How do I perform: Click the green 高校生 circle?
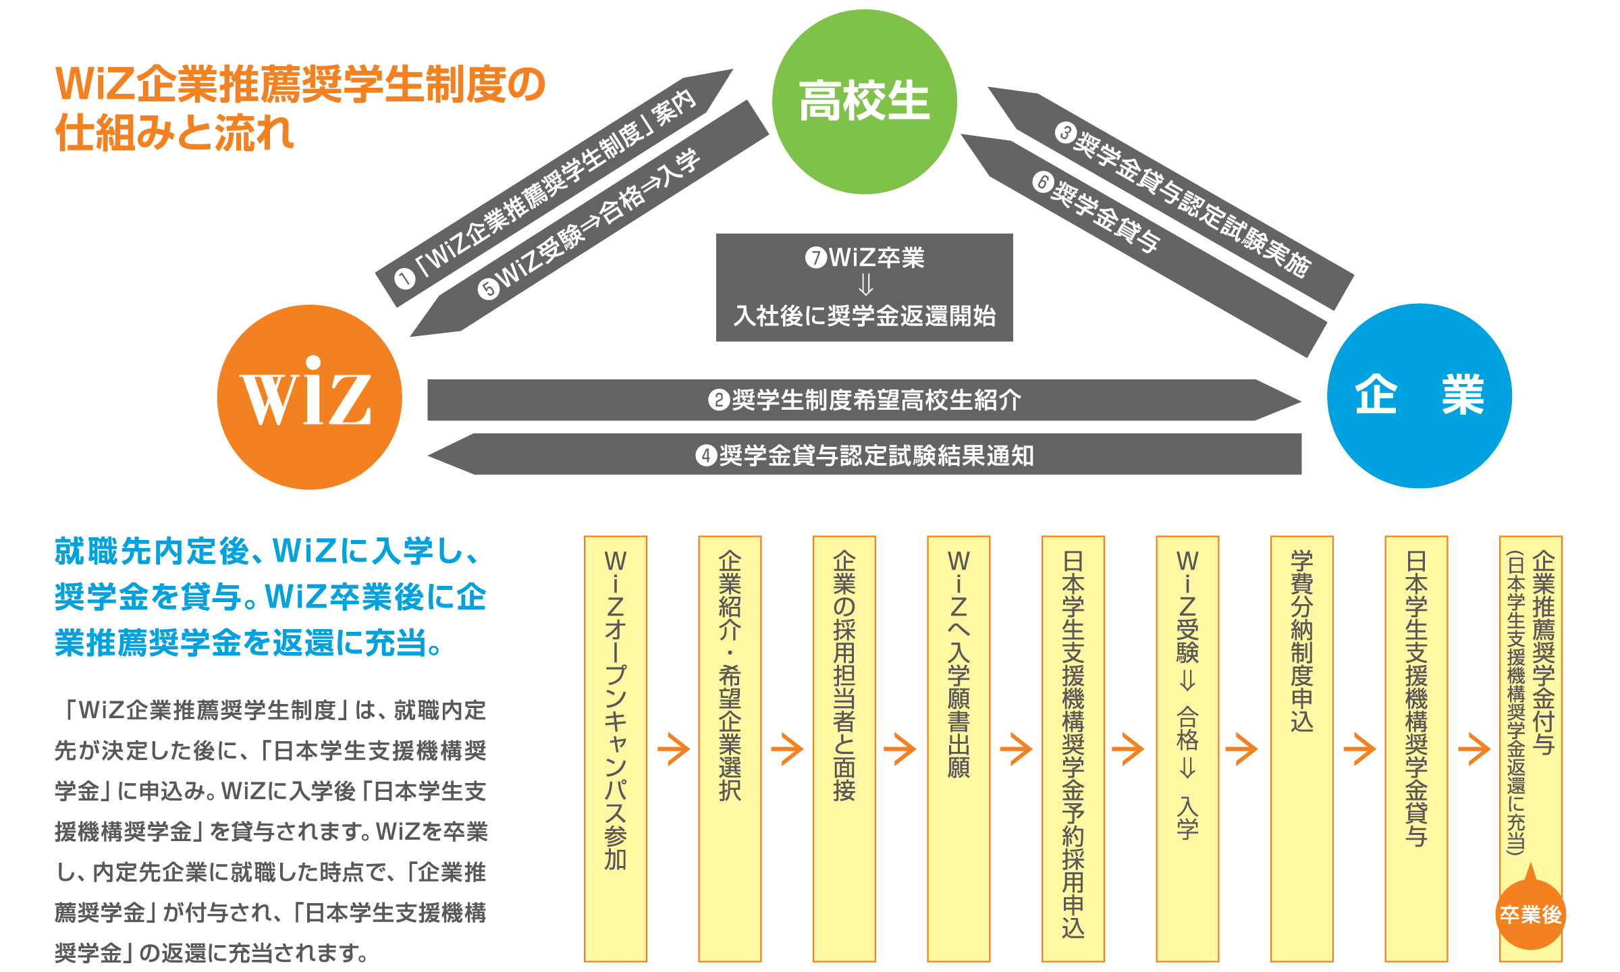[864, 102]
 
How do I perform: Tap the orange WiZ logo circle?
[309, 397]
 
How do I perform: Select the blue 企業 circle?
[1419, 396]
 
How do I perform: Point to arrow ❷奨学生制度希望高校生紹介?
[864, 400]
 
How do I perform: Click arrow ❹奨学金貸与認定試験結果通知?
[864, 455]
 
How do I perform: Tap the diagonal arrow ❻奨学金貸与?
[1134, 236]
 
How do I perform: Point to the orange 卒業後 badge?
[1530, 914]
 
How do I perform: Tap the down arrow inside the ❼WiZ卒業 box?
[865, 286]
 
